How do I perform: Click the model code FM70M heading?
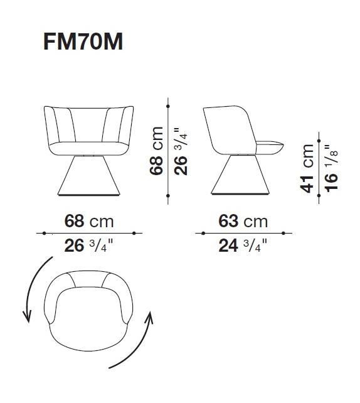(82, 42)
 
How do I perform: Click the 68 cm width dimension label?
(90, 222)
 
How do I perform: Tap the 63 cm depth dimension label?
(242, 222)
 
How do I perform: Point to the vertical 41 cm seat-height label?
(307, 168)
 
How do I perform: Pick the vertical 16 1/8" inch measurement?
(330, 168)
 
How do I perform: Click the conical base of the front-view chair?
(89, 175)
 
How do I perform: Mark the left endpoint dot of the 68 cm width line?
(44, 234)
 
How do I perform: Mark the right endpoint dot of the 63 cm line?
(283, 234)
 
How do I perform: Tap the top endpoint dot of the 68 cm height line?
(168, 99)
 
